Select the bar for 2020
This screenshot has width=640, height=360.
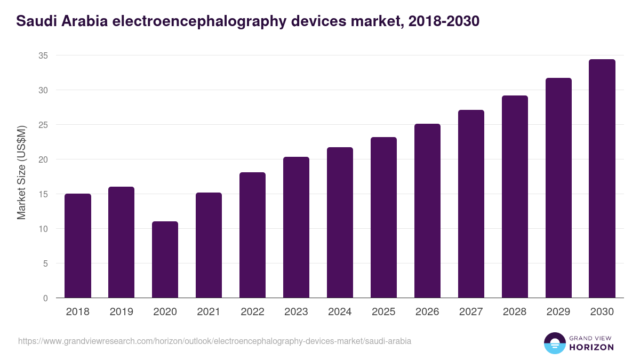pos(165,260)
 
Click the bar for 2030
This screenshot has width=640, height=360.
pos(602,179)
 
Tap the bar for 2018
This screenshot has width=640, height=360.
pos(78,246)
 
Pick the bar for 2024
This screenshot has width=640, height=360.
pos(340,222)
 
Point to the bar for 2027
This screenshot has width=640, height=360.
pos(471,204)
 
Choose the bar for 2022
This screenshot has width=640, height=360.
pos(252,235)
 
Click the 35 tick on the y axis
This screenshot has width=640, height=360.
pos(43,55)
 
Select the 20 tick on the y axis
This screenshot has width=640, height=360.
pos(43,159)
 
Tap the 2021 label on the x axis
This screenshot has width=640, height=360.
pos(209,312)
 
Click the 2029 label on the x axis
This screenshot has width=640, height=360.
pos(558,312)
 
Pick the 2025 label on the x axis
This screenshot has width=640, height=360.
pos(383,312)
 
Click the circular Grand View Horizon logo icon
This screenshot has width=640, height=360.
pos(554,343)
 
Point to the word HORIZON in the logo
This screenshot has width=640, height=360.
pos(591,347)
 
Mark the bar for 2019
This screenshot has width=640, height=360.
pos(121,243)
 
